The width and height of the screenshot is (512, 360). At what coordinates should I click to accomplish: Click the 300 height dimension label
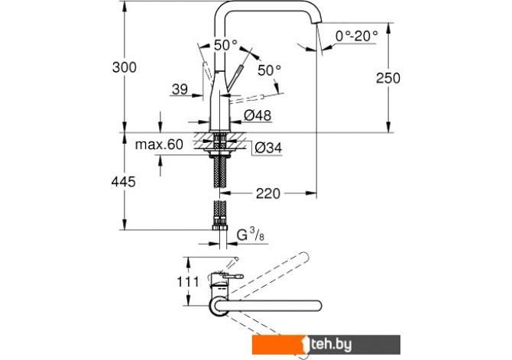(x=125, y=67)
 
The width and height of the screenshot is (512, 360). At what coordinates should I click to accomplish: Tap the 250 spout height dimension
(x=388, y=79)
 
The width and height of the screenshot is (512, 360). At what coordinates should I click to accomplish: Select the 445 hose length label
(x=124, y=182)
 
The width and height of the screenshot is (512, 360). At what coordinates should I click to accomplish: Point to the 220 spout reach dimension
(x=267, y=193)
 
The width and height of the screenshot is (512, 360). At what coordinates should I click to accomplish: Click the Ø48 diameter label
(x=258, y=115)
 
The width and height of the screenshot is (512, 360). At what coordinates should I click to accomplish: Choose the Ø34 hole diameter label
(x=268, y=148)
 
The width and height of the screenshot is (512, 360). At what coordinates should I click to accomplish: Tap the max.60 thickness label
(x=159, y=144)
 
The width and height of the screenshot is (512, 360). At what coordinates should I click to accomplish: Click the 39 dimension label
(x=180, y=89)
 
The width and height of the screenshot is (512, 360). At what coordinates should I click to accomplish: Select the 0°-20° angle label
(x=357, y=36)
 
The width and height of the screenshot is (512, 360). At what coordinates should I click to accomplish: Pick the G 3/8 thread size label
(x=251, y=235)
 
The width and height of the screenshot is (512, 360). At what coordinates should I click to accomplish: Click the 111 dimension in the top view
(x=188, y=281)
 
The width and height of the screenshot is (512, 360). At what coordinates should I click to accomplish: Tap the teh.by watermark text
(x=331, y=344)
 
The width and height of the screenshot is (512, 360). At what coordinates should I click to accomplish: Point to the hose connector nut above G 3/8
(x=220, y=227)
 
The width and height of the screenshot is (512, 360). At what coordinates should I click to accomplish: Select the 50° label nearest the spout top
(x=225, y=45)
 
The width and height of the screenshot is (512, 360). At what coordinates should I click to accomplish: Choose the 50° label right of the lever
(x=270, y=70)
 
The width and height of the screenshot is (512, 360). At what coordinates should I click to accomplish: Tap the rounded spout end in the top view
(x=317, y=305)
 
